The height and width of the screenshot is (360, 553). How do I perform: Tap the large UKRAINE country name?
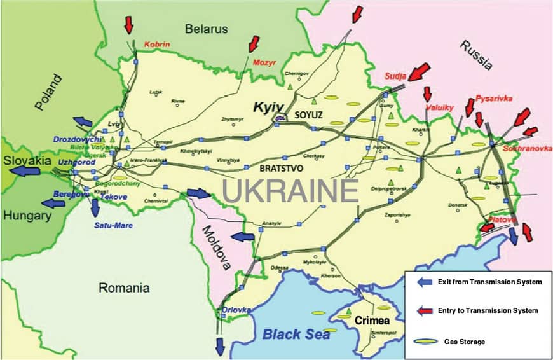click(290, 191)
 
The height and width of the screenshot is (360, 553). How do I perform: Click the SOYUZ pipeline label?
click(309, 115)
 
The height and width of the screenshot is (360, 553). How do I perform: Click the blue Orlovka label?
click(236, 310)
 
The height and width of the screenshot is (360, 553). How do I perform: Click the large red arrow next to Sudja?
click(419, 71)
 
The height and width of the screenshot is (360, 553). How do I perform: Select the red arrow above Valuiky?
click(428, 94)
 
